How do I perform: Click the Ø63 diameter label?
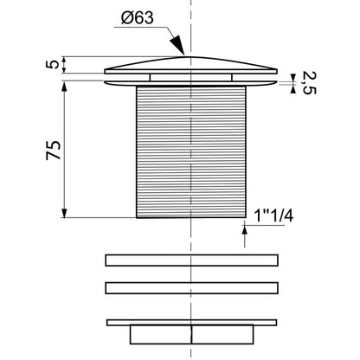(x=138, y=18)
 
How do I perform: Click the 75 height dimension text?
(x=54, y=150)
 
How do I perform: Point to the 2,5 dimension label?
(x=309, y=83)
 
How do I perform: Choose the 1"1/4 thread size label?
(x=273, y=215)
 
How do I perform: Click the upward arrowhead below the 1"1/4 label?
(x=245, y=231)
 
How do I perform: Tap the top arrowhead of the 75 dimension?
(x=64, y=87)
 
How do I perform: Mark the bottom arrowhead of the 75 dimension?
(x=64, y=212)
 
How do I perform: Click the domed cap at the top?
(x=190, y=65)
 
